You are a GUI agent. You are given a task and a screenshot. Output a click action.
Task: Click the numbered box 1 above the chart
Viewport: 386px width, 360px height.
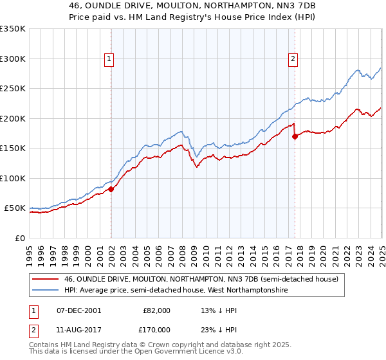click(x=109, y=59)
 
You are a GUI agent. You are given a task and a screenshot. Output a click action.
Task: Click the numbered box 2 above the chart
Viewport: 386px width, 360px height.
click(x=293, y=59)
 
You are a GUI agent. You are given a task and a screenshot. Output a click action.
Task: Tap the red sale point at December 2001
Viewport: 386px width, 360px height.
click(x=111, y=189)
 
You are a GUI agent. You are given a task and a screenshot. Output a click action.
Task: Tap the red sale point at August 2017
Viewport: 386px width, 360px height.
click(x=295, y=136)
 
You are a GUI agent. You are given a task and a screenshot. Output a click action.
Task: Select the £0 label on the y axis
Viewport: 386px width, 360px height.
click(x=21, y=238)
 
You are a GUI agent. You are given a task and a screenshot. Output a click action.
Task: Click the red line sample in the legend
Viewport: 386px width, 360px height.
click(x=46, y=279)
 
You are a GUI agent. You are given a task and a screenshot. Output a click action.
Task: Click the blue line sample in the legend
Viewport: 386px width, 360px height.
click(x=46, y=291)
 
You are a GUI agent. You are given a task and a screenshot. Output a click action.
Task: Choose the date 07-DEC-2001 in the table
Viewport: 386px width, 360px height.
click(x=78, y=310)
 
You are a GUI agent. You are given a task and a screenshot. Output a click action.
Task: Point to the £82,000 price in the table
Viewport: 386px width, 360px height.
click(x=156, y=310)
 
